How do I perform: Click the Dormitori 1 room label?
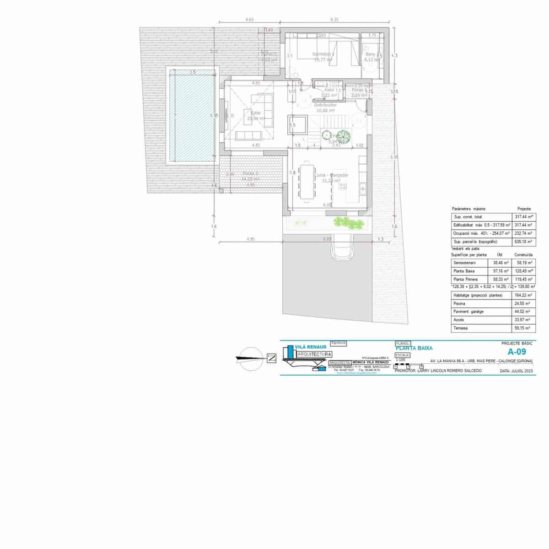click(x=323, y=54)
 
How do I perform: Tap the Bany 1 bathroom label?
click(x=370, y=54)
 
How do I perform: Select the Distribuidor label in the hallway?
click(x=326, y=105)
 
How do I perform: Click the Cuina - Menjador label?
click(x=332, y=175)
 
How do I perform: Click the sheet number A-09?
click(x=517, y=352)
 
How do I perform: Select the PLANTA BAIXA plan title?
click(x=414, y=348)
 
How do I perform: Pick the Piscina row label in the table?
click(x=459, y=303)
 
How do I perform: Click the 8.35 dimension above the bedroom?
click(x=334, y=20)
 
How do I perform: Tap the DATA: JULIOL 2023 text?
click(x=517, y=371)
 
